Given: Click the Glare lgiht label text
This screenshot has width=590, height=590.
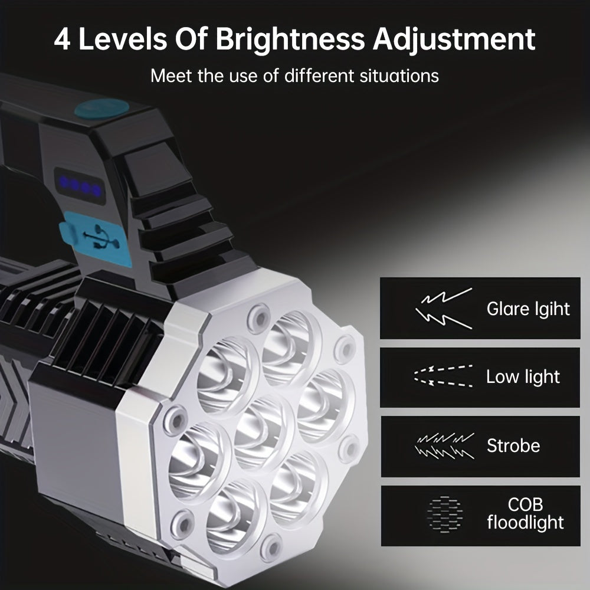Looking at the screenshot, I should coord(528,309).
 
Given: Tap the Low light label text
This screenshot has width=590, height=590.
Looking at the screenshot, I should coord(523,377).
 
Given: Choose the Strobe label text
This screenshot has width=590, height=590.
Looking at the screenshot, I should coord(513,445).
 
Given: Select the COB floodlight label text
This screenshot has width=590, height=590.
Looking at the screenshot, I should coord(525,513).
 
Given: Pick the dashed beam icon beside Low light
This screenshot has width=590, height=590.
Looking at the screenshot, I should coord(443,376).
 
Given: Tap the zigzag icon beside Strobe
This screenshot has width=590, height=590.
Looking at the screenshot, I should coord(444,445).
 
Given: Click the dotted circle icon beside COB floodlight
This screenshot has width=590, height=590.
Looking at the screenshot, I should coord(444,514).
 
